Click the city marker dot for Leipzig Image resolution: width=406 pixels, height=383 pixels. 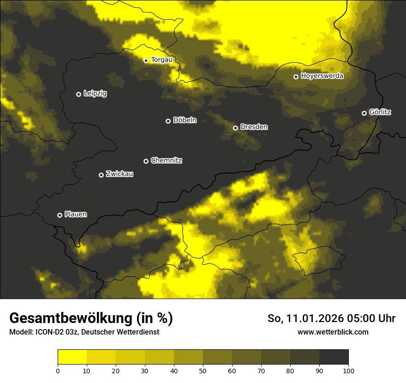pyautogui.click(x=78, y=94)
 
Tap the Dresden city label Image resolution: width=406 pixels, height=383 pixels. pyautogui.click(x=254, y=127)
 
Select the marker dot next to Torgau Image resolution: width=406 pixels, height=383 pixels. pyautogui.click(x=146, y=60)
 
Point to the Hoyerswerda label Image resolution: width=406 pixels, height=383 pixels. pyautogui.click(x=322, y=76)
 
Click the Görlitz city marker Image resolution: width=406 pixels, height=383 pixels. pyautogui.click(x=364, y=113)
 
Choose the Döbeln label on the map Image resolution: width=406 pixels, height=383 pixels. pyautogui.click(x=185, y=120)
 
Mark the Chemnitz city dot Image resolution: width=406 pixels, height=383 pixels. pyautogui.click(x=146, y=161)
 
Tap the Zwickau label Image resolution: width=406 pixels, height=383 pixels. pyautogui.click(x=119, y=174)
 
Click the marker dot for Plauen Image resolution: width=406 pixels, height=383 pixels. pyautogui.click(x=60, y=215)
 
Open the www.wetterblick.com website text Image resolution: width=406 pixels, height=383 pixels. pyautogui.click(x=333, y=332)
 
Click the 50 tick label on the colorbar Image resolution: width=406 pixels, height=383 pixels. pyautogui.click(x=203, y=371)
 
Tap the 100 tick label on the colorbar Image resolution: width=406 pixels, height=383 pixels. pyautogui.click(x=348, y=371)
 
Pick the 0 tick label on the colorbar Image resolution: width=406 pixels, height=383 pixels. pyautogui.click(x=58, y=371)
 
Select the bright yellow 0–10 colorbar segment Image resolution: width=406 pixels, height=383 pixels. pyautogui.click(x=72, y=357)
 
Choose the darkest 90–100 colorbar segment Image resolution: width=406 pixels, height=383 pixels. pyautogui.click(x=334, y=357)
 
